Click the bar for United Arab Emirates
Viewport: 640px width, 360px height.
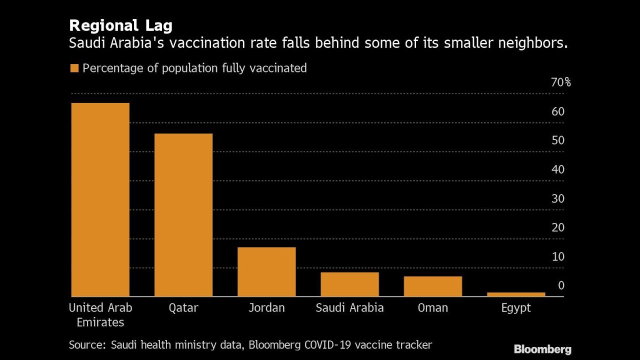tap(100, 200)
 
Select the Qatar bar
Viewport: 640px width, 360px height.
tap(183, 215)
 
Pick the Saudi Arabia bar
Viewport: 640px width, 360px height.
tap(349, 284)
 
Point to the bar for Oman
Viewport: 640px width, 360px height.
tap(432, 286)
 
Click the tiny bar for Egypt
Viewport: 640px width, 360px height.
tap(516, 294)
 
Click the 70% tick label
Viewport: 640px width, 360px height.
tap(560, 82)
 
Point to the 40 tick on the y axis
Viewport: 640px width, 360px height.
tap(558, 169)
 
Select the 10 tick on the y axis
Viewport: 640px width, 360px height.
tap(558, 256)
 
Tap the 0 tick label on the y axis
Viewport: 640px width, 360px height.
tap(561, 285)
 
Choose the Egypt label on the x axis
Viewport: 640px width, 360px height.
tap(516, 308)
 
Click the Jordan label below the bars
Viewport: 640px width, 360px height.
tap(266, 307)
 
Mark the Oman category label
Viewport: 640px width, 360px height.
tap(432, 307)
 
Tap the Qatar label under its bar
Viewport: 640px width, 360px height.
tap(183, 308)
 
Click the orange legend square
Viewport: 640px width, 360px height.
tap(74, 68)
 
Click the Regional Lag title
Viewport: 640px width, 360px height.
tap(120, 25)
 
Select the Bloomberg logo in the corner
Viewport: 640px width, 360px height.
tap(542, 349)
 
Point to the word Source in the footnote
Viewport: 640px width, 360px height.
tap(87, 344)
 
